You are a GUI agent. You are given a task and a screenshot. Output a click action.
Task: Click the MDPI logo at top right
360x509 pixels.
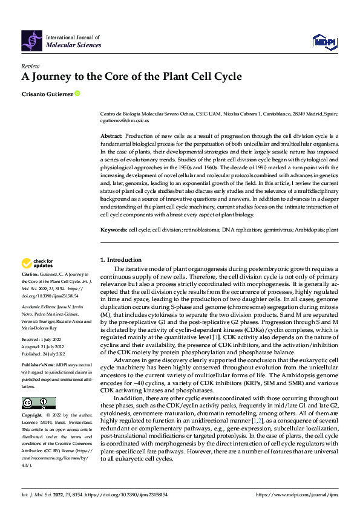pyautogui.click(x=324, y=41)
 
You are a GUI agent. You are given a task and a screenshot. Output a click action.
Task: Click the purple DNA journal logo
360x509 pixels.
pyautogui.click(x=32, y=41)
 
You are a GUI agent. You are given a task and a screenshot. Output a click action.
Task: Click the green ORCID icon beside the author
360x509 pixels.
pyautogui.click(x=77, y=94)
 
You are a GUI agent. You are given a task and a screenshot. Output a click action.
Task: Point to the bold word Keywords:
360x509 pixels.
pyautogui.click(x=114, y=230)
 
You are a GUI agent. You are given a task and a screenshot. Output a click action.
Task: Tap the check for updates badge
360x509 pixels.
pyautogui.click(x=37, y=263)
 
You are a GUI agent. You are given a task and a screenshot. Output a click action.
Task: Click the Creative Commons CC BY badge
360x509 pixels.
pyautogui.click(x=39, y=403)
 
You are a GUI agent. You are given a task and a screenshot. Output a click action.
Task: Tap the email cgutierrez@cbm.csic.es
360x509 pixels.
pyautogui.click(x=125, y=121)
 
